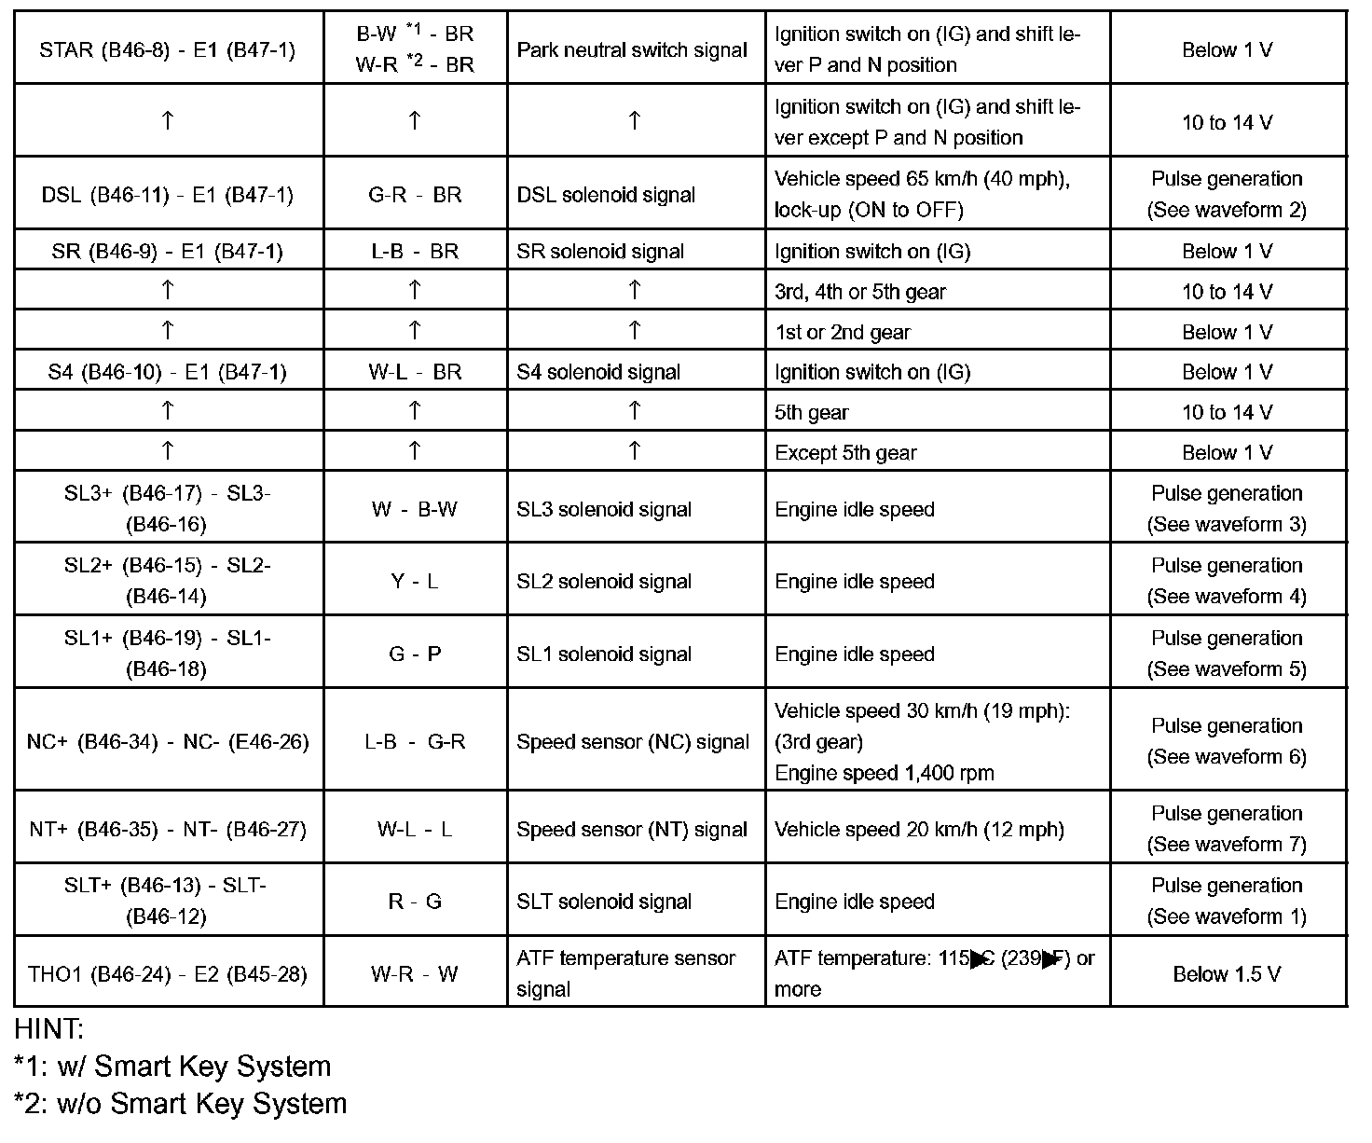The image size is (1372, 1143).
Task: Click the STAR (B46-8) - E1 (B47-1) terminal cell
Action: click(168, 49)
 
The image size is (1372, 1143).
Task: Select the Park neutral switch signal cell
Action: click(632, 49)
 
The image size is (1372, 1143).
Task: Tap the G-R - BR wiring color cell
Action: click(415, 195)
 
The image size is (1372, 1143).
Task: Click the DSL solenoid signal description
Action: click(606, 195)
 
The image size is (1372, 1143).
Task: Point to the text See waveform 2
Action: click(1227, 210)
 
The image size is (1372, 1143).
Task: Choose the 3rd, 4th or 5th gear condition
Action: click(859, 292)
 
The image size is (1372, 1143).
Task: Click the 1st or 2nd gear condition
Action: click(842, 332)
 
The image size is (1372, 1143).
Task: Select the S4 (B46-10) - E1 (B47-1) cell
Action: click(168, 372)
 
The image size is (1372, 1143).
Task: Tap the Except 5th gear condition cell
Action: click(845, 453)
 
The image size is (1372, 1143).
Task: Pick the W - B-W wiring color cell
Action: click(415, 509)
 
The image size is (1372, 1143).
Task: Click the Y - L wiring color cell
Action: click(415, 582)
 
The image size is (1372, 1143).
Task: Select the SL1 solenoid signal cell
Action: click(604, 654)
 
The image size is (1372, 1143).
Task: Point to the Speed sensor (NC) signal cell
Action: click(633, 742)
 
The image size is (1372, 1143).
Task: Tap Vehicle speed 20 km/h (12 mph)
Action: click(919, 830)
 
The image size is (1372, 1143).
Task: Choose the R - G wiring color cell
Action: click(415, 902)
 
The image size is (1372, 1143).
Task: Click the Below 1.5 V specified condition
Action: click(1227, 974)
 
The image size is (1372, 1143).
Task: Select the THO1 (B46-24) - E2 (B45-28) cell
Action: click(168, 974)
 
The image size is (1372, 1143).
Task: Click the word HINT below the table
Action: click(48, 1029)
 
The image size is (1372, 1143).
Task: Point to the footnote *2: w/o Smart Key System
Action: click(180, 1104)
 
